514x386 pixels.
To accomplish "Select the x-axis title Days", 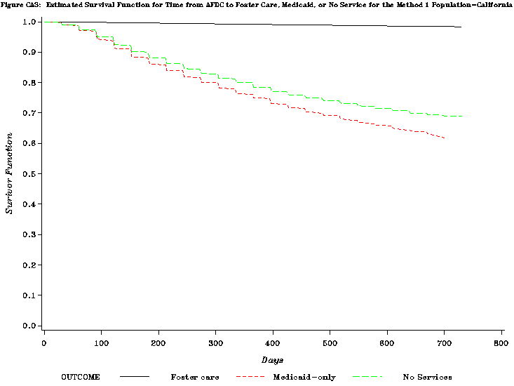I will (x=272, y=360).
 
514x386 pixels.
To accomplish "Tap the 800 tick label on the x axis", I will (x=501, y=342).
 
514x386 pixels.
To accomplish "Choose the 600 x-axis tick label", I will (x=387, y=342).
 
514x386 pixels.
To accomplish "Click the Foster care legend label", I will (x=195, y=377).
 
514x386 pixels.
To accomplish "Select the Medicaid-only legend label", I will (x=304, y=377).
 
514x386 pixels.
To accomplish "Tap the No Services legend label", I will (x=427, y=377).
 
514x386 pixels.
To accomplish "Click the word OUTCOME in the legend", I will (x=81, y=377).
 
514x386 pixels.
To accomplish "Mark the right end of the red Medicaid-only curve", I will (x=445, y=138).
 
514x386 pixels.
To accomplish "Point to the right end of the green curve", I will (x=462, y=116).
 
